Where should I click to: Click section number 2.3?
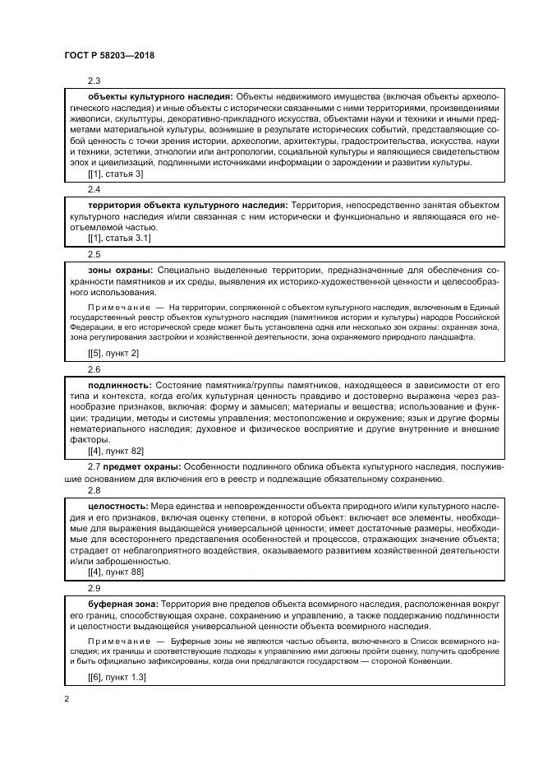(x=94, y=81)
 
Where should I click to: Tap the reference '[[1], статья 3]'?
(x=115, y=174)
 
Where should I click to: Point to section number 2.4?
(x=94, y=189)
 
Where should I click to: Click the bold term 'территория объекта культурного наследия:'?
(x=187, y=204)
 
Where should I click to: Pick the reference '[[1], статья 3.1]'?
(x=118, y=238)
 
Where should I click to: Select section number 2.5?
(x=94, y=254)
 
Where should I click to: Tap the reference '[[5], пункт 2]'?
(x=113, y=353)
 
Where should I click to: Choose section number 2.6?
(x=94, y=369)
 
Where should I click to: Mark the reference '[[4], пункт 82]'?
(x=116, y=451)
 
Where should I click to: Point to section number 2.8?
(x=94, y=490)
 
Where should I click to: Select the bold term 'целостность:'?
(x=118, y=506)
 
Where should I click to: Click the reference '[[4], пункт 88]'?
(x=116, y=572)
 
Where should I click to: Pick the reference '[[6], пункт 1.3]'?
(x=117, y=676)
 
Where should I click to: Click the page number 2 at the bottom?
(x=67, y=699)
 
